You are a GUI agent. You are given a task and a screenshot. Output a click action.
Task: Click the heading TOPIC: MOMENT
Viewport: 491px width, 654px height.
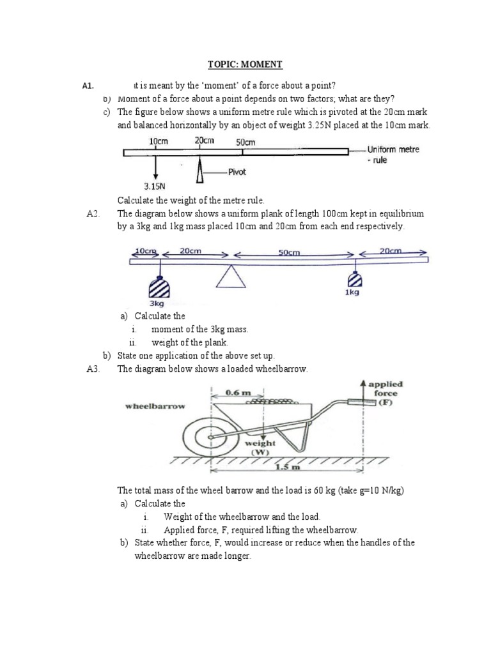[245, 65]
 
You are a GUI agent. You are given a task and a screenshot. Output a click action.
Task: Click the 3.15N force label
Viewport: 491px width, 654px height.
[155, 186]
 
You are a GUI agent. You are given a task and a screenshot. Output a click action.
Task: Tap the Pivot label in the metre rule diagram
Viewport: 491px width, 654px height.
[237, 172]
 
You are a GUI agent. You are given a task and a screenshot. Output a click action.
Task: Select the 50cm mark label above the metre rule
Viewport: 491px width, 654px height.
[245, 142]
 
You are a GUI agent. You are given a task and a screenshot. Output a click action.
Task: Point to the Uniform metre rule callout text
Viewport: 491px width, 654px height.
[392, 155]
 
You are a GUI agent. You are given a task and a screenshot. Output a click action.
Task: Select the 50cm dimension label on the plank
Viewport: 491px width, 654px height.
[290, 252]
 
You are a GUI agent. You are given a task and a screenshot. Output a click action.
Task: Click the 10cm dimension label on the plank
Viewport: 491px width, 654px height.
[145, 251]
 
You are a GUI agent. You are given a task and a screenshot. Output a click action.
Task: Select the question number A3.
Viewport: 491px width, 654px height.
[93, 369]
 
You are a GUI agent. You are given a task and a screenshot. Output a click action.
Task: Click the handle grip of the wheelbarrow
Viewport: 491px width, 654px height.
[358, 402]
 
